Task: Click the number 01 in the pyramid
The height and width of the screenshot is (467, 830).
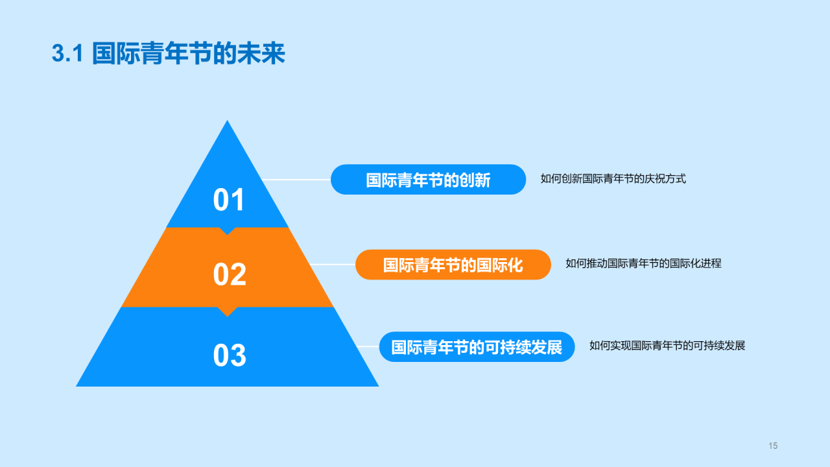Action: pos(229,200)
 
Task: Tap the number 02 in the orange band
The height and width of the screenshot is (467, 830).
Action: pos(230,274)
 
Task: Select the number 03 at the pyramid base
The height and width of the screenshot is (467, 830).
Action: pos(230,355)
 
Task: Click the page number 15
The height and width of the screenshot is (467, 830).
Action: pos(773,446)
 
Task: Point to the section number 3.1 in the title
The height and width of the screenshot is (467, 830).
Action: pos(67,53)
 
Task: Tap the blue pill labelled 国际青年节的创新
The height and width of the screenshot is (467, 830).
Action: pos(428,180)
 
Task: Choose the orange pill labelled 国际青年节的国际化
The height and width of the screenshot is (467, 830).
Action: pos(453,265)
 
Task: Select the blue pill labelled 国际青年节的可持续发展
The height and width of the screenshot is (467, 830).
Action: pos(477,347)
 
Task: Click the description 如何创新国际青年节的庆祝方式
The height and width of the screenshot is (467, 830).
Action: pos(613,178)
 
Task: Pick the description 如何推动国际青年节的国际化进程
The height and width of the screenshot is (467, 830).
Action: pos(643,263)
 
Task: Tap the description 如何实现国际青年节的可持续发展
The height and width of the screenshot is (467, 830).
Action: pos(667,346)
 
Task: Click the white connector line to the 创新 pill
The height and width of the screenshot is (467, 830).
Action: pos(296,180)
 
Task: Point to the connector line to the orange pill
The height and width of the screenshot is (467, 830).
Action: pos(333,264)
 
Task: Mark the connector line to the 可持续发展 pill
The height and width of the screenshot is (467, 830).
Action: pos(368,346)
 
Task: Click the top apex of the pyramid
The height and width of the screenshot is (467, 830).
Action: pos(227,120)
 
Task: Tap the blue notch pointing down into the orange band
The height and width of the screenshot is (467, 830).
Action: pos(227,232)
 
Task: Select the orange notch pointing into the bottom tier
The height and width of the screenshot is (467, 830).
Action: pos(227,312)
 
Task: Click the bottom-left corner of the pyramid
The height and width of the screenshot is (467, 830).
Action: pos(76,387)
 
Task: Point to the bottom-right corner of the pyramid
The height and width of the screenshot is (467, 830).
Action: pos(379,387)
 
